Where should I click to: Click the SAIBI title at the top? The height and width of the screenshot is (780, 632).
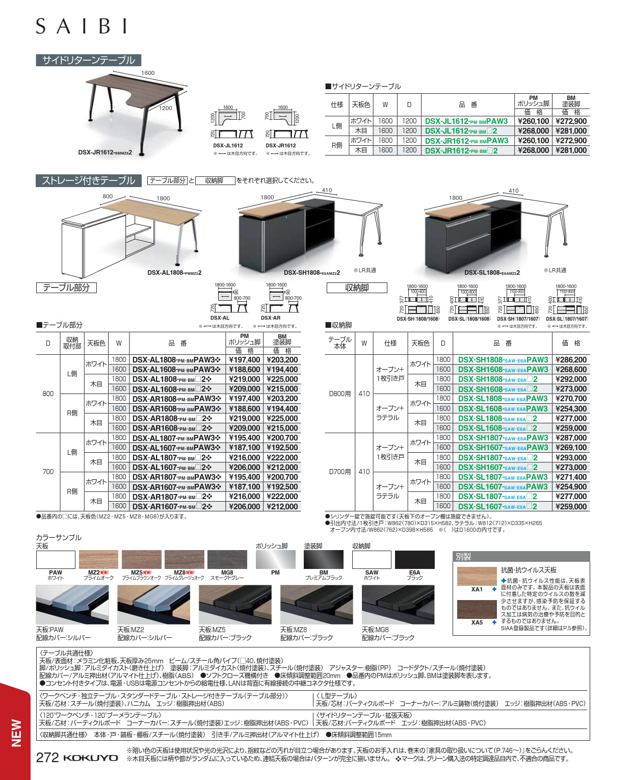pyautogui.click(x=82, y=26)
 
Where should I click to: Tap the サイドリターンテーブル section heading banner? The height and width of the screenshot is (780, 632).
pyautogui.click(x=88, y=60)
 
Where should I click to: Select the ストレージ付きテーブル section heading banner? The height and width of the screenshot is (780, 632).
pyautogui.click(x=88, y=180)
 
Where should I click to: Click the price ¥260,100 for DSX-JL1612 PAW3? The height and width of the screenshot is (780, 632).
pyautogui.click(x=533, y=121)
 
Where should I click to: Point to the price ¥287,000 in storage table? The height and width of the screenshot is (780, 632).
pyautogui.click(x=571, y=438)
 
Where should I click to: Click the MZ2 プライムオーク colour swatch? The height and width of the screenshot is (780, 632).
pyautogui.click(x=98, y=560)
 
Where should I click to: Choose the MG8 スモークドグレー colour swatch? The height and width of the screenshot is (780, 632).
pyautogui.click(x=227, y=560)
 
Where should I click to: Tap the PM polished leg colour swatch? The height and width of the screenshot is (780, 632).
pyautogui.click(x=275, y=560)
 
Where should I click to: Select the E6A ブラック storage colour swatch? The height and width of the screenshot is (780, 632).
pyautogui.click(x=414, y=560)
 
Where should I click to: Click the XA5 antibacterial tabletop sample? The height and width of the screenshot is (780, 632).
pyautogui.click(x=477, y=610)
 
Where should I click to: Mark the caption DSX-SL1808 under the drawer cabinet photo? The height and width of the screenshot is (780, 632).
pyautogui.click(x=492, y=273)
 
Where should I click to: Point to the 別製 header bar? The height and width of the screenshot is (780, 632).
pyautogui.click(x=521, y=557)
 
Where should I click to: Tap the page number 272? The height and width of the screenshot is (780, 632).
pyautogui.click(x=47, y=758)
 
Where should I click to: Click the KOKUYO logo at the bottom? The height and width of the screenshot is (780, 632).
pyautogui.click(x=91, y=758)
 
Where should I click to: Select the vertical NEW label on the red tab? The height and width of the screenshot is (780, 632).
pyautogui.click(x=16, y=733)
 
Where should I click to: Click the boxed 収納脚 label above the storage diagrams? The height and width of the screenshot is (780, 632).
pyautogui.click(x=357, y=288)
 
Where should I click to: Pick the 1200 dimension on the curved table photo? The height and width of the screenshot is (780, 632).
pyautogui.click(x=165, y=108)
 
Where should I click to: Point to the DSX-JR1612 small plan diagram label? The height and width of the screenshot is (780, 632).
pyautogui.click(x=280, y=146)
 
